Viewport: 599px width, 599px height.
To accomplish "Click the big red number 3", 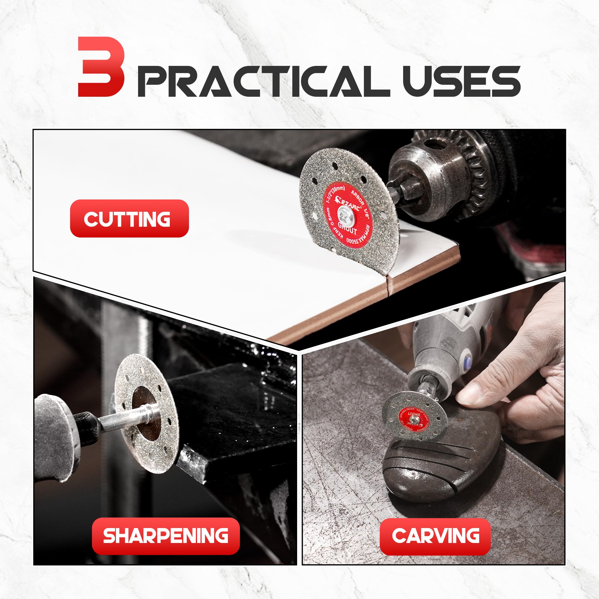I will click(101, 67).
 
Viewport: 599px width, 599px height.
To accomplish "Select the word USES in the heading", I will click(462, 81).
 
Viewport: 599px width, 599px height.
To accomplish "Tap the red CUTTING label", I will click(129, 219).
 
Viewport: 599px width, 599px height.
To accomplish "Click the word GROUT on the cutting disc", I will click(347, 228).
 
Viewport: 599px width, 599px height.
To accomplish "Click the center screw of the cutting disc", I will click(344, 214).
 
